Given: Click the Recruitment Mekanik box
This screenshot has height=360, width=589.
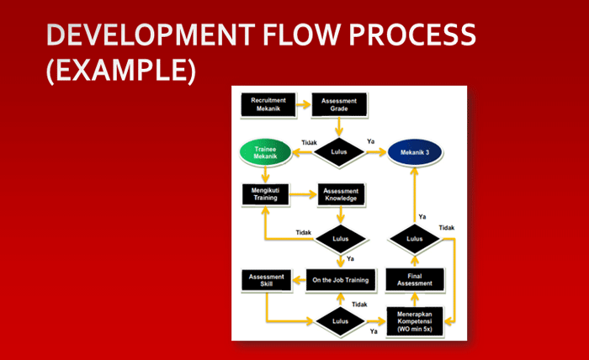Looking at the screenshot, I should [x=268, y=104].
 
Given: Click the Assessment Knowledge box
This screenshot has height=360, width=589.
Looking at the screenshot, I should [x=341, y=195].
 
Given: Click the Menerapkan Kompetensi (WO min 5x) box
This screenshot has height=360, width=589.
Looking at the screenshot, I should [x=414, y=320].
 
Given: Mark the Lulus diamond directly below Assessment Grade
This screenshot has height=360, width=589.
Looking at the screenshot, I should [x=340, y=152].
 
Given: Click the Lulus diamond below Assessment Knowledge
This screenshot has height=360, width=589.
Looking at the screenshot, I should [x=340, y=238].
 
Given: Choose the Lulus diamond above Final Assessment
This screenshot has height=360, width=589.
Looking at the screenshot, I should [x=414, y=239].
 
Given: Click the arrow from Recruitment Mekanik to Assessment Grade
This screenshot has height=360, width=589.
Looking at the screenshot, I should [x=303, y=104].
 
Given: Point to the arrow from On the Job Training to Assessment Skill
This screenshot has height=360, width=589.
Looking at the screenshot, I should [x=298, y=279].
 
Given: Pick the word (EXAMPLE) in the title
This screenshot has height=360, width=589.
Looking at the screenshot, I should [x=120, y=69].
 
